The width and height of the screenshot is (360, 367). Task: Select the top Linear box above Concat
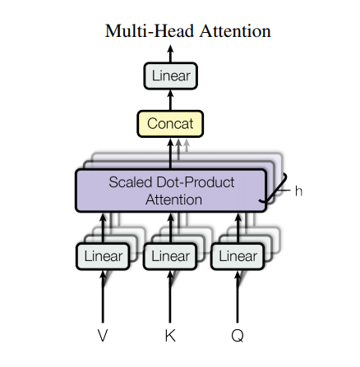tap(171, 76)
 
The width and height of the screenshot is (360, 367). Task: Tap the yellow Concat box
tap(170, 124)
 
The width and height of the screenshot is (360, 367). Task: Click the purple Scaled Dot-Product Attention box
tap(171, 190)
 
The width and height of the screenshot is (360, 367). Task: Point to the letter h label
tap(298, 190)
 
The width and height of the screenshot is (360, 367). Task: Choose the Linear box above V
tap(103, 256)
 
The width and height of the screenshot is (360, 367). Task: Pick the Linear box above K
tap(170, 256)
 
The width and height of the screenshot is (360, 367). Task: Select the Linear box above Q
tap(238, 256)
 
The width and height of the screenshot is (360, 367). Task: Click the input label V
tap(103, 336)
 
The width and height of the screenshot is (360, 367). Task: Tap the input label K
tap(170, 336)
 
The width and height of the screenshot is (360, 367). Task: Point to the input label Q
tap(238, 336)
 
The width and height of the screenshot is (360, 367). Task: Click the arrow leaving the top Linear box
tap(171, 53)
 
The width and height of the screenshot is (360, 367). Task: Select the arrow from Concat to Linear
tap(171, 100)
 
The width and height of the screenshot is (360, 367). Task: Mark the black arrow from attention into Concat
tap(171, 153)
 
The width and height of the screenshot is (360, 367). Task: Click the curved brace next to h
tap(279, 190)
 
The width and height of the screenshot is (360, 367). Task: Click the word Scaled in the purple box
tap(130, 181)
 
